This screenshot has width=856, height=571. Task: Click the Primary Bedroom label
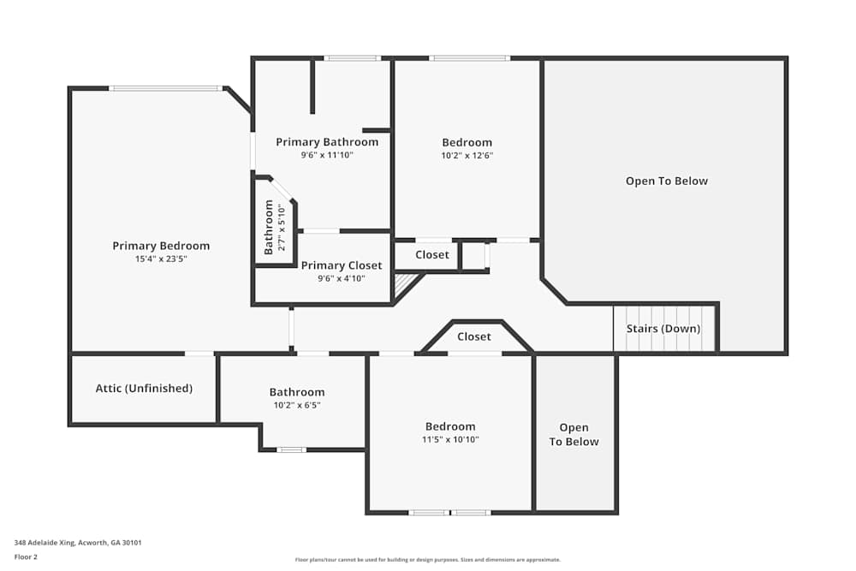pos(161,246)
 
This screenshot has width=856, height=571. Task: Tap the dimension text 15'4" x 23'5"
pos(161,259)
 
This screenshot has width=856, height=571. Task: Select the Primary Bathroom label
pos(327,142)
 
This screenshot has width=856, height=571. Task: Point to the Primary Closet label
pos(342,265)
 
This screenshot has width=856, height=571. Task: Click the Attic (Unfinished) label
pos(144,388)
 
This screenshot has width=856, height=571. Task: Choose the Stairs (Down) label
pos(663,329)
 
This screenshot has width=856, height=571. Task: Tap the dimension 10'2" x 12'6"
pos(467,156)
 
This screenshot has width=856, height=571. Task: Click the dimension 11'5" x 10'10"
pos(450,439)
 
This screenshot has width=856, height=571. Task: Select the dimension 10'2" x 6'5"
pos(297,405)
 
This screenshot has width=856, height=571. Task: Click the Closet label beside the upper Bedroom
pos(432,254)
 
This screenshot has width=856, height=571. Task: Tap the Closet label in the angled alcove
pos(473,336)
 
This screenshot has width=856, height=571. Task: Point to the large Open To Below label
pos(667,181)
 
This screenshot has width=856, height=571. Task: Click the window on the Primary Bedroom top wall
pos(165,87)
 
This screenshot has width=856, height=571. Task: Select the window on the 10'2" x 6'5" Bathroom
pos(291,449)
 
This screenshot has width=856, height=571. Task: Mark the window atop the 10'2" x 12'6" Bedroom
pos(469,58)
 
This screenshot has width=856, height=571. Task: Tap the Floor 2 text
pos(26,556)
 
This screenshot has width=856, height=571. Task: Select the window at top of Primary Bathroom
pos(352,58)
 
